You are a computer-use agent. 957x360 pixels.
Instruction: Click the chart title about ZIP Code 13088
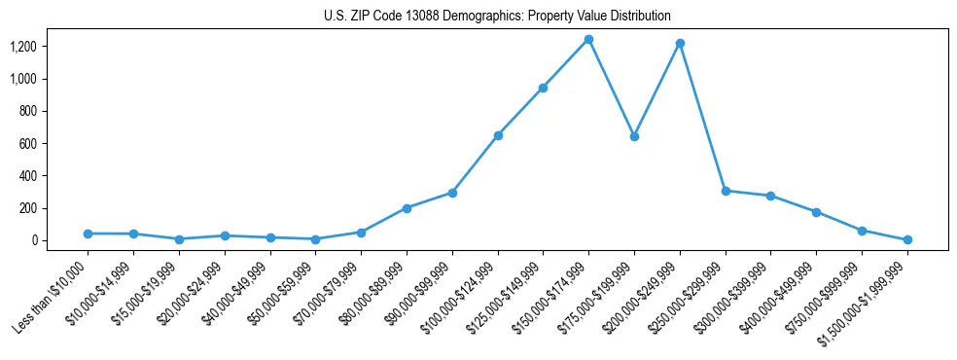click(x=497, y=17)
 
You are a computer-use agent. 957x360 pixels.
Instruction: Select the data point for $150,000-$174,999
click(x=588, y=40)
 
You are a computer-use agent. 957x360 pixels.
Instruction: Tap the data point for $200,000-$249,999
click(x=680, y=44)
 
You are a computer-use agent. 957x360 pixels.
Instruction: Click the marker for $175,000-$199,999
click(x=634, y=136)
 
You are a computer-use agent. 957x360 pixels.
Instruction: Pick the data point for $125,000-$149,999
click(x=543, y=88)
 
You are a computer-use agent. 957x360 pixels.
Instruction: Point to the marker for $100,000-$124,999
click(x=498, y=135)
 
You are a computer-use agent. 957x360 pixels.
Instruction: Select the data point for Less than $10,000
click(x=89, y=234)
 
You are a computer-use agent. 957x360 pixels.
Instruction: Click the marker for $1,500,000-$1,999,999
click(x=907, y=239)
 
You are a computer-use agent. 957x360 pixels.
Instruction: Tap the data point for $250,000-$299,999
click(x=726, y=191)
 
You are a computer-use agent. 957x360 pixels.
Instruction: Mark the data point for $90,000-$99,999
click(x=452, y=193)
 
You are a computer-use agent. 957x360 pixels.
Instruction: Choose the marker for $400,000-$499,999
click(x=816, y=212)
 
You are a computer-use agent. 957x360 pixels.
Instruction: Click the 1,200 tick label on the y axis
click(x=23, y=47)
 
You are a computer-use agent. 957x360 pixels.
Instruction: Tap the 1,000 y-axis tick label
click(x=23, y=79)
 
